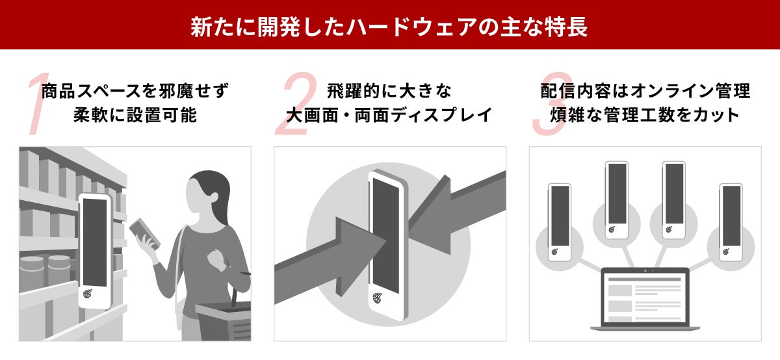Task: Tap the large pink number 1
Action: point(38,103)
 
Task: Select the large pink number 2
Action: point(296,103)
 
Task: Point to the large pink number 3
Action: point(552,103)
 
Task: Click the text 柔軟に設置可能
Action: point(135,115)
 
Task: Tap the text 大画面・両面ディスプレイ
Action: point(389,115)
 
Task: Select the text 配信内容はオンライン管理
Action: point(645,91)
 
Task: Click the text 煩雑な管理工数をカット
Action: point(645,115)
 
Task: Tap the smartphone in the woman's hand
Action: point(145,233)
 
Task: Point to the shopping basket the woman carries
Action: point(223,320)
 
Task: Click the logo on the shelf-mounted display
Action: point(88,293)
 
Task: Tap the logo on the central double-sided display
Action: point(377,298)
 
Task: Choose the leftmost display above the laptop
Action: point(560,222)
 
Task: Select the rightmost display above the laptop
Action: point(731,222)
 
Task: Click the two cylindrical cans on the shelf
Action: point(45,274)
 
